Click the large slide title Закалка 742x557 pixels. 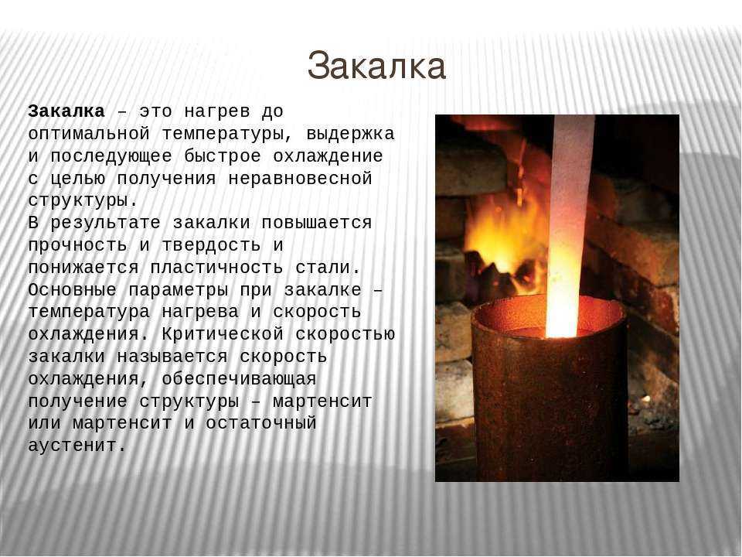click(x=376, y=66)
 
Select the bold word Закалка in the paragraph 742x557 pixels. click(x=66, y=111)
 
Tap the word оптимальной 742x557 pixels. click(x=89, y=134)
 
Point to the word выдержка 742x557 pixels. click(x=351, y=135)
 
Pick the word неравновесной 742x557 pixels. click(x=301, y=179)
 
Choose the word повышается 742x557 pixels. click(x=317, y=223)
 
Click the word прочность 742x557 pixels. click(x=77, y=245)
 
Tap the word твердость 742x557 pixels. click(x=211, y=245)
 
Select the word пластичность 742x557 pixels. click(x=216, y=268)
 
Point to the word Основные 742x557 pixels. click(x=73, y=290)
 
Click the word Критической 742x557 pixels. click(x=223, y=334)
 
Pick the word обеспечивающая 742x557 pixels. click(x=239, y=379)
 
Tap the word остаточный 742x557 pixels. click(x=261, y=423)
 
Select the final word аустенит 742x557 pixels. click(x=77, y=446)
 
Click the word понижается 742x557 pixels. click(x=83, y=268)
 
